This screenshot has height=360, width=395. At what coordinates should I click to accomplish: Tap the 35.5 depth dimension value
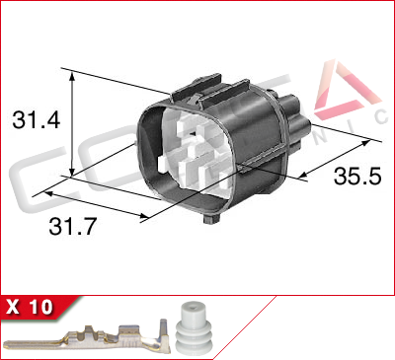coord(355,178)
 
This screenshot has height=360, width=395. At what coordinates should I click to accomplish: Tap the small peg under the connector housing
coord(208,217)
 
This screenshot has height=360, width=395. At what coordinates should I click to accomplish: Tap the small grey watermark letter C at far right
coord(380,116)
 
